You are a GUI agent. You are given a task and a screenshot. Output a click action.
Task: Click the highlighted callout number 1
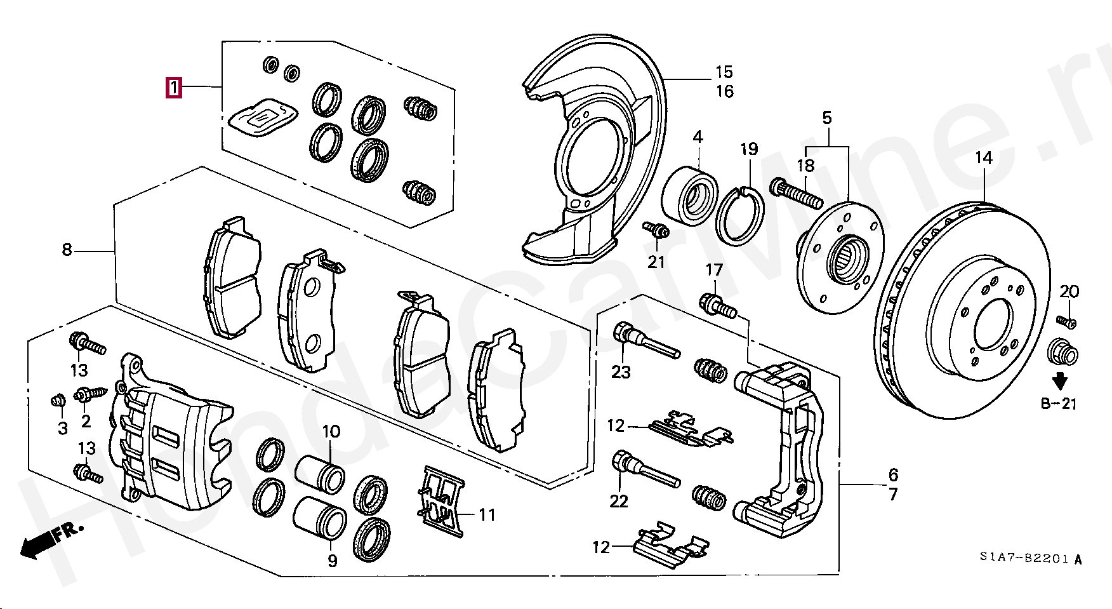(x=174, y=87)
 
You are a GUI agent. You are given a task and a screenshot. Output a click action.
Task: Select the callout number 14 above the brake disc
(x=983, y=157)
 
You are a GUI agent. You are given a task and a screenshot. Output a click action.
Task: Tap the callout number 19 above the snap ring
(x=750, y=149)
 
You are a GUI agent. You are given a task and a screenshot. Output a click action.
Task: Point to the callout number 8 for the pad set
(x=67, y=250)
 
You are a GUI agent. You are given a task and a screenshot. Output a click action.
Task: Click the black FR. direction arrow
(x=38, y=544)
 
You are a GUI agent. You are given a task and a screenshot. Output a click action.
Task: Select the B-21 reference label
(x=1059, y=404)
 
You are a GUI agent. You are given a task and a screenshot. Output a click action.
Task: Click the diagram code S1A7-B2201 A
(x=1030, y=558)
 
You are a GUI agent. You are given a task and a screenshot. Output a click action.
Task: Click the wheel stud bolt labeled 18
(x=797, y=194)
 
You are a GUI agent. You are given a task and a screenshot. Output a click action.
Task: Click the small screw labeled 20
(x=1066, y=321)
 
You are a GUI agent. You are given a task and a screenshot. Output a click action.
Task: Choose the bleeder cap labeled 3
(x=58, y=401)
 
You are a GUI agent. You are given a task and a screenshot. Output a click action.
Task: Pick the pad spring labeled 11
(x=443, y=502)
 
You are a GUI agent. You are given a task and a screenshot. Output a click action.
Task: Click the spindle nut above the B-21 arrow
(x=1062, y=352)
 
